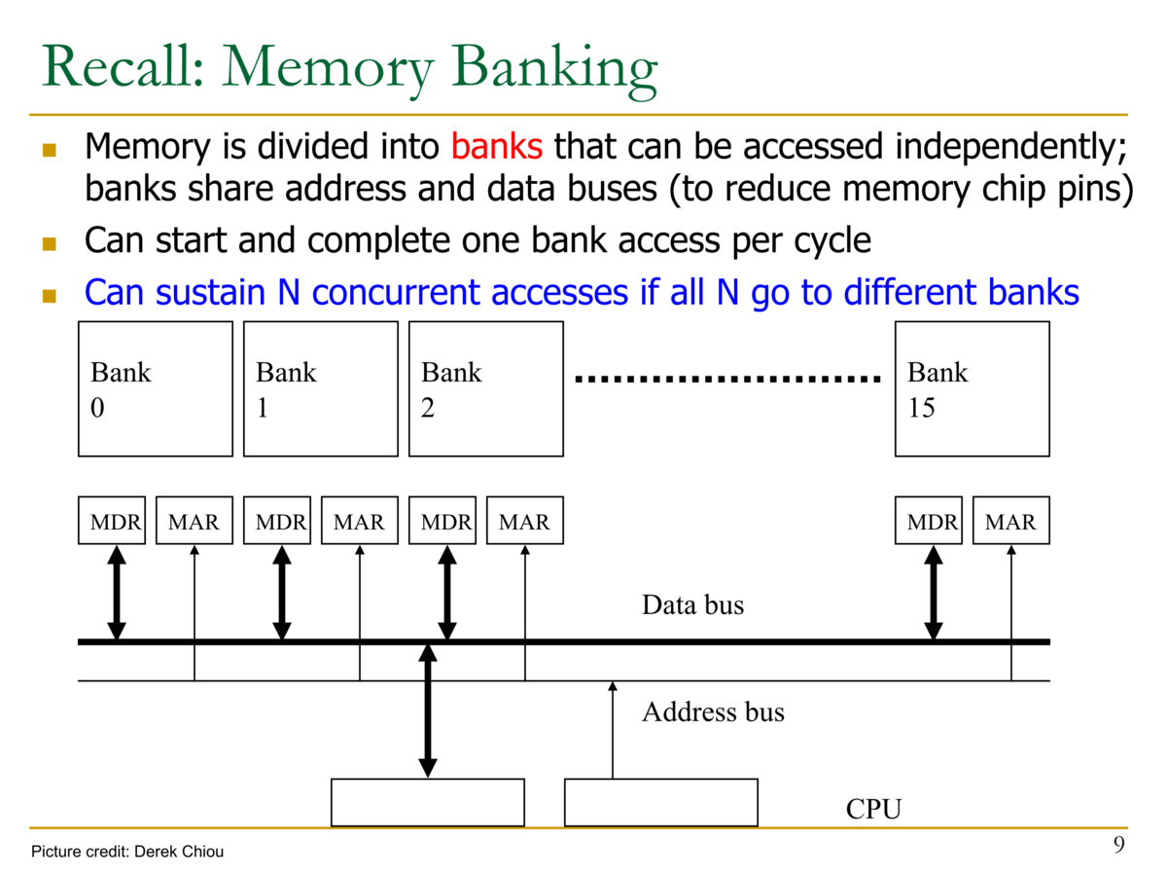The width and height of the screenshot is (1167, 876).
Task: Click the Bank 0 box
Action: [156, 388]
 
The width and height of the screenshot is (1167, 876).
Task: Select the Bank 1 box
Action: [321, 388]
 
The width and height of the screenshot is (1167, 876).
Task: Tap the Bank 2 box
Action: [486, 388]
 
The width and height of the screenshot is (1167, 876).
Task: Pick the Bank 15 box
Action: [972, 388]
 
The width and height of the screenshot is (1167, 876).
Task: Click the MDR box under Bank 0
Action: [112, 520]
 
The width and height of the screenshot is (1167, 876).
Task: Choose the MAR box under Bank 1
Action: [360, 520]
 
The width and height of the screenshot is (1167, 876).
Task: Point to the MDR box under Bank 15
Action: [929, 520]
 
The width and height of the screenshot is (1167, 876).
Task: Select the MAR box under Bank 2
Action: [525, 520]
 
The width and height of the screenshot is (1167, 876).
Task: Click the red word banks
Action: [497, 146]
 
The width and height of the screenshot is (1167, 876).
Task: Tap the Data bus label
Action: [692, 604]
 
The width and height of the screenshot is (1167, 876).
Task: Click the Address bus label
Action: [713, 712]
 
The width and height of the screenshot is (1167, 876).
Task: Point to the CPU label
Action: [873, 809]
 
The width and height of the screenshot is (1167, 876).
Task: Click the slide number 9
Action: [1118, 844]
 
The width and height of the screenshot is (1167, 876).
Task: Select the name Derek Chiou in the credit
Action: [179, 852]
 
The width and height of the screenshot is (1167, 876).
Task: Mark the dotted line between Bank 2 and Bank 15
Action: [727, 380]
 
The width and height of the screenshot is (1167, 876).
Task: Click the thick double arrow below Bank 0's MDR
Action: [117, 593]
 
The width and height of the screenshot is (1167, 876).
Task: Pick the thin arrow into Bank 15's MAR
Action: [1010, 613]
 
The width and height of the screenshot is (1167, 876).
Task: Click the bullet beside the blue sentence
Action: [49, 296]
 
